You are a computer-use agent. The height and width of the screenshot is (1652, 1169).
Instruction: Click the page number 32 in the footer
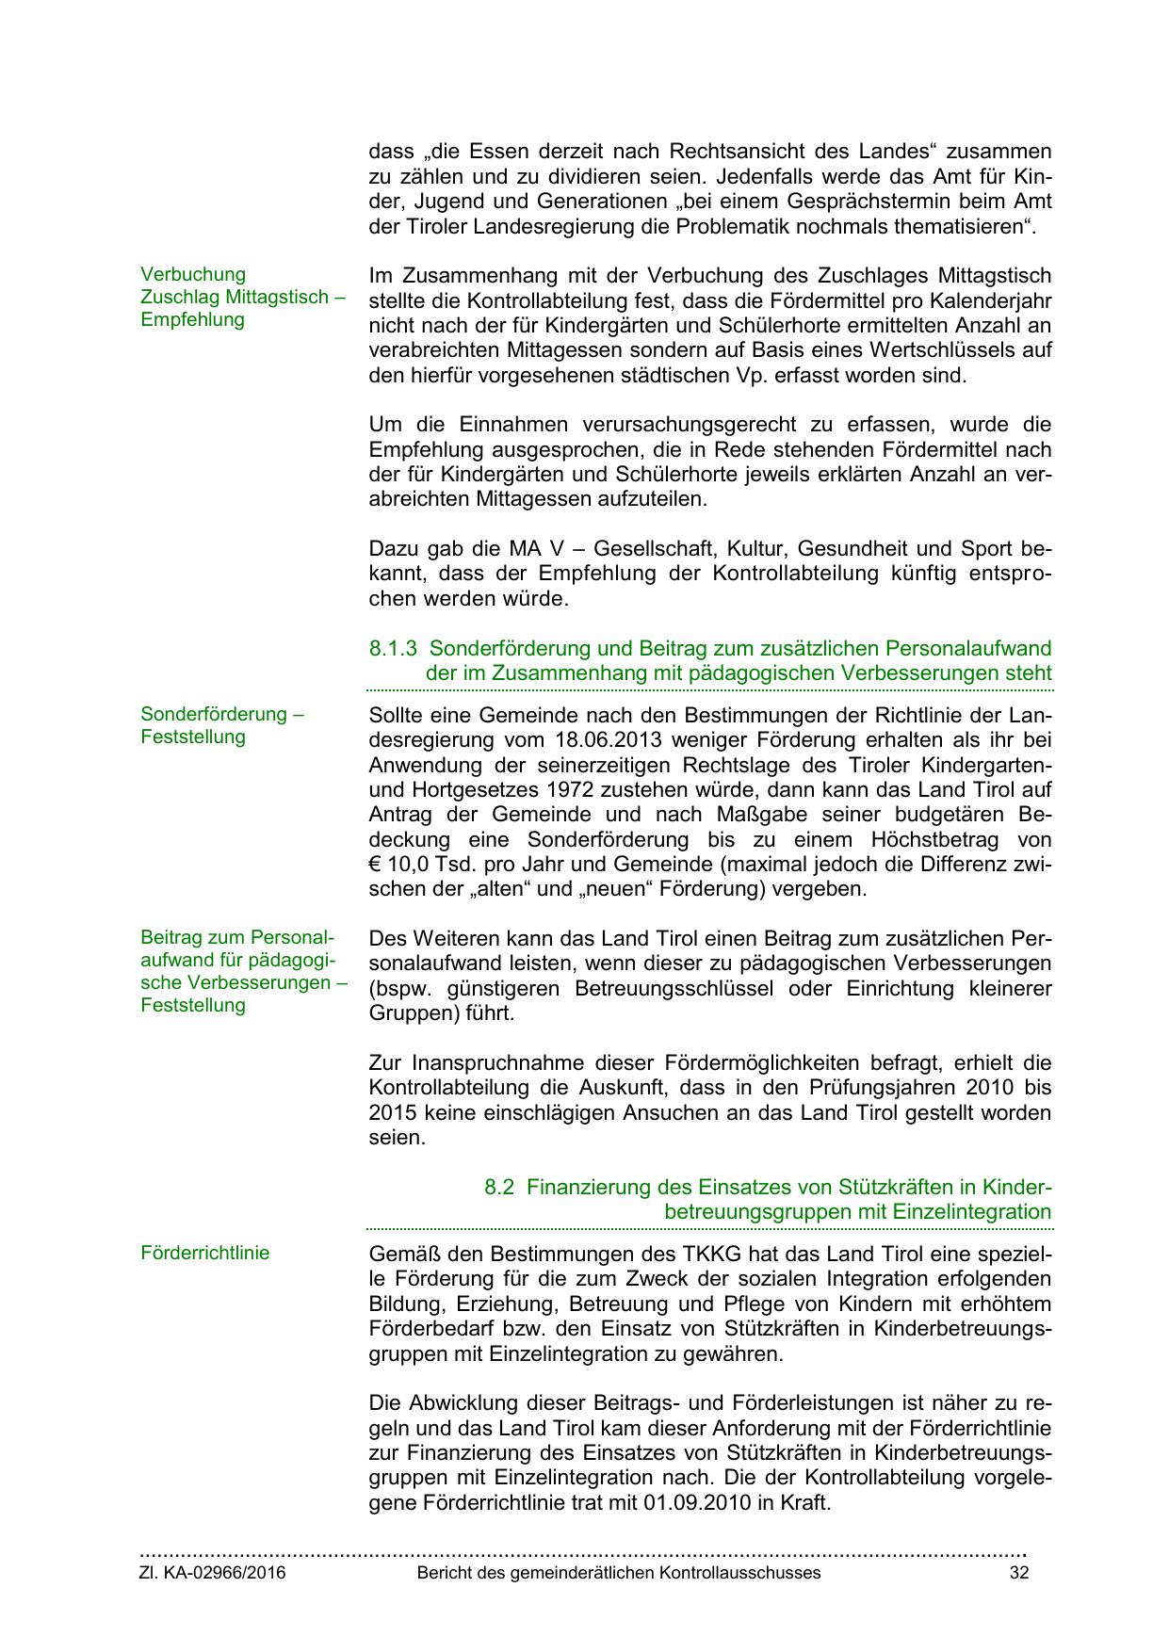tap(1018, 1573)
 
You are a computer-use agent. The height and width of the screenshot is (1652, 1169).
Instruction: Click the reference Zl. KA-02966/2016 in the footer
tap(213, 1573)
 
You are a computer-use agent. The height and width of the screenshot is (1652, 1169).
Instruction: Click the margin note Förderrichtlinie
tap(204, 1253)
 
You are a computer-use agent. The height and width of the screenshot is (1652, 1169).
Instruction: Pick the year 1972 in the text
tap(488, 789)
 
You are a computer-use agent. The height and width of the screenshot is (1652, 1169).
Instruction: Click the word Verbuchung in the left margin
tap(193, 274)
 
